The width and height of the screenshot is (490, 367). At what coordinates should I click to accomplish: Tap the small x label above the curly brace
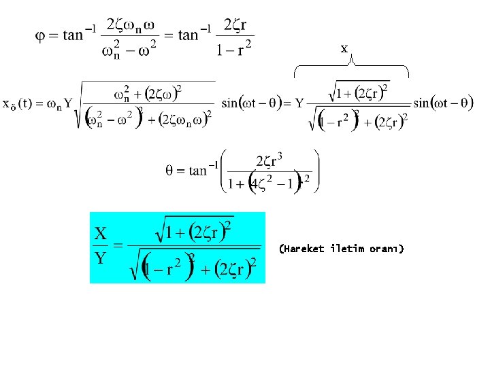pos(344,49)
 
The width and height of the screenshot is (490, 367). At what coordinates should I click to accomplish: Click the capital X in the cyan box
pos(101,234)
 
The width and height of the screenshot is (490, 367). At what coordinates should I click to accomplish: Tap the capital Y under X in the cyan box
pos(101,258)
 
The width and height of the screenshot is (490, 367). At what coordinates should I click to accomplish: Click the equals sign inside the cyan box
pos(117,245)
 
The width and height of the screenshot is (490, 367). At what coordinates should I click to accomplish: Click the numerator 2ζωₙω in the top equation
pos(135,26)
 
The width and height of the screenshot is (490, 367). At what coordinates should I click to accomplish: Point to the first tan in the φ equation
pos(76,35)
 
